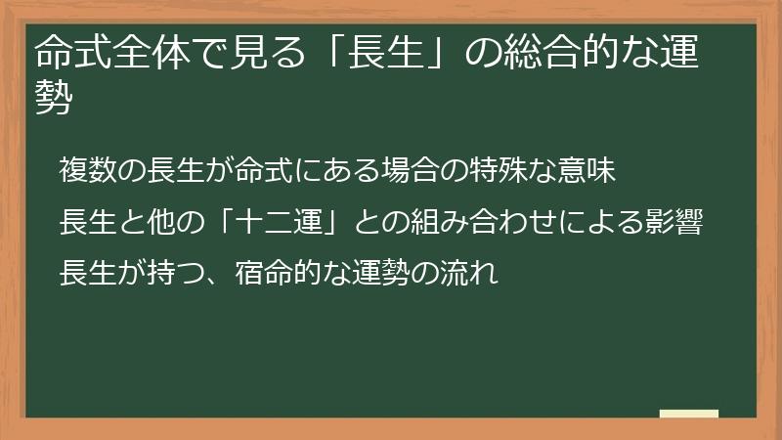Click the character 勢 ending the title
[x=53, y=98]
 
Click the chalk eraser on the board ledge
[x=688, y=414]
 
